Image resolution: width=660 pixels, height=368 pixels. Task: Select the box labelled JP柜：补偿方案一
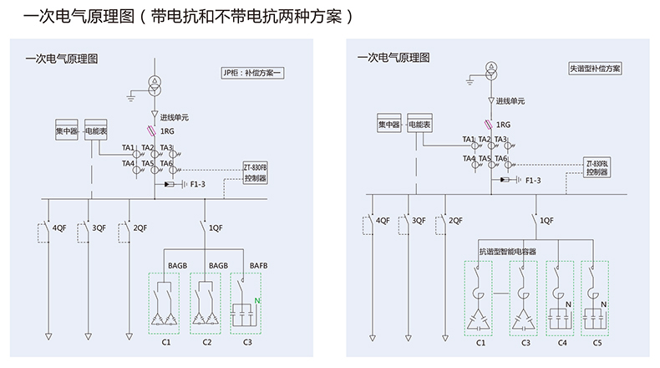point(252,73)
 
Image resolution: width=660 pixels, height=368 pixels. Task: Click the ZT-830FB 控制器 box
point(256,171)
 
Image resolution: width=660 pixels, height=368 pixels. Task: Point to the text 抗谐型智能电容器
point(506,250)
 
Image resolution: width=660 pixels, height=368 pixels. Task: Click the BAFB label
point(259,266)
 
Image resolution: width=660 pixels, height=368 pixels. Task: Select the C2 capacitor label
point(206,343)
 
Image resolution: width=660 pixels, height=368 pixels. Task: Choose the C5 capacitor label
point(596,343)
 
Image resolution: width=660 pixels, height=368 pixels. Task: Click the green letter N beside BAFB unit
point(257,300)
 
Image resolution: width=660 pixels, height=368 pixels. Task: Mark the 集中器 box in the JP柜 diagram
point(67,130)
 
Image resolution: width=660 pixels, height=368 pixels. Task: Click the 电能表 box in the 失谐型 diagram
point(419,125)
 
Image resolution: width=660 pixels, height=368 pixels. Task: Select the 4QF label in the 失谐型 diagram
point(383,221)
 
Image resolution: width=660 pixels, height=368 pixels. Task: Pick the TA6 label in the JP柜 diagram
point(165,164)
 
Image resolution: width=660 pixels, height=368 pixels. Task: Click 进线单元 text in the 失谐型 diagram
point(511,101)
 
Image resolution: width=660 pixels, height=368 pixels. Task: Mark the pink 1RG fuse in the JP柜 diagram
point(151,131)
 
